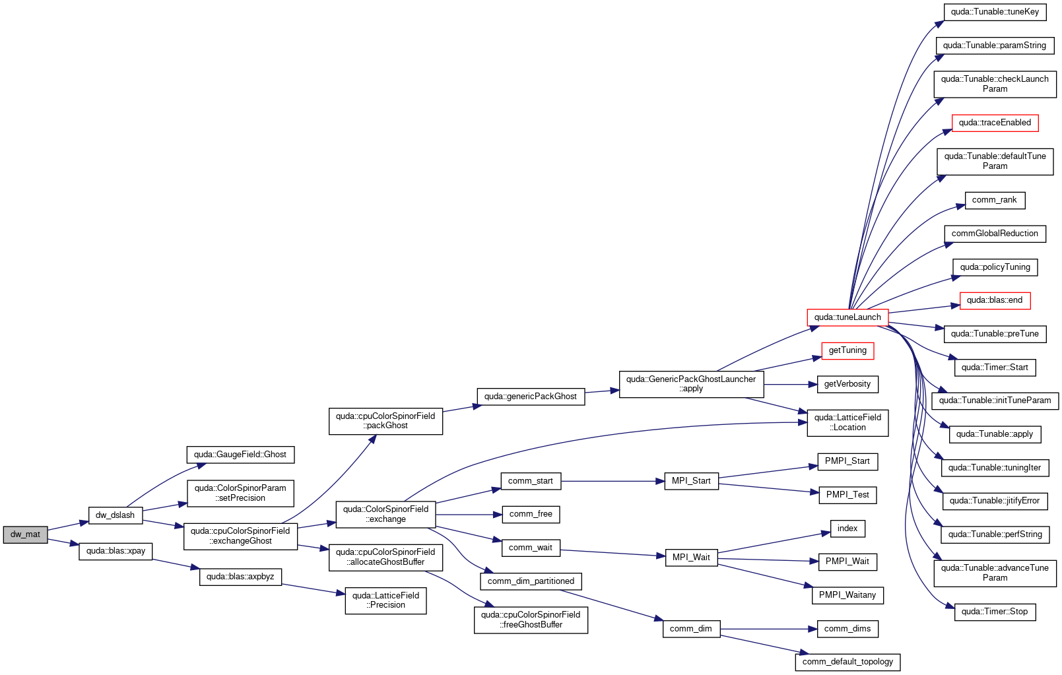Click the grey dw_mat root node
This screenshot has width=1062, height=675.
[25, 534]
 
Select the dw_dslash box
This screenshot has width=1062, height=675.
[116, 515]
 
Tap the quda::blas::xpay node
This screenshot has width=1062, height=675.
[116, 551]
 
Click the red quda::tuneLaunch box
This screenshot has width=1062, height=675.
[847, 317]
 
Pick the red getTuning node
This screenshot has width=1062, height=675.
[847, 351]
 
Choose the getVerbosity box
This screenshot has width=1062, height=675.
[847, 384]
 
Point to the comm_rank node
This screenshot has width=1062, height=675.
[994, 200]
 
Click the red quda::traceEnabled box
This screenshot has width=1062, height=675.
[995, 123]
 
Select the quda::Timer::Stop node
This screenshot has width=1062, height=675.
[995, 612]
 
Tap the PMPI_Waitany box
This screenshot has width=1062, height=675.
[847, 595]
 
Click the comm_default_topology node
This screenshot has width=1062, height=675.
[847, 662]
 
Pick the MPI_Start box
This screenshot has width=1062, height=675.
[691, 481]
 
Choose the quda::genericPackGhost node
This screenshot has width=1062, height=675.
[531, 397]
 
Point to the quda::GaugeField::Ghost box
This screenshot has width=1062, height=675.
[240, 455]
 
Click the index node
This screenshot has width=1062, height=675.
[847, 529]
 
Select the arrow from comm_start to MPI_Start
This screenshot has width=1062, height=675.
[613, 481]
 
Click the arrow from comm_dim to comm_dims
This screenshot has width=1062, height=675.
[768, 629]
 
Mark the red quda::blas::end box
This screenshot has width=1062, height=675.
[995, 300]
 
